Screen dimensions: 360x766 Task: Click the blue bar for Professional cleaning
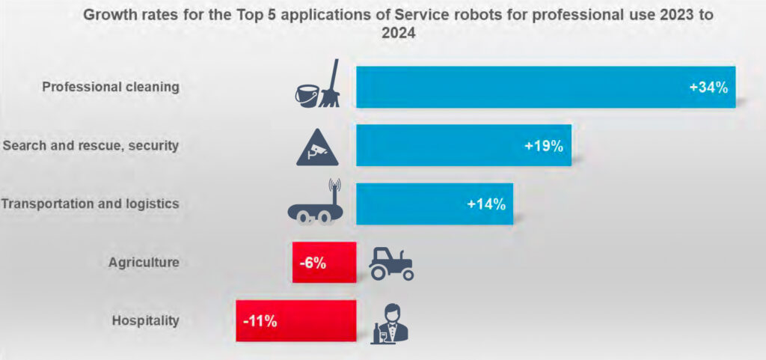click(x=524, y=87)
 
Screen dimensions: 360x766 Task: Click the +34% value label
click(x=708, y=88)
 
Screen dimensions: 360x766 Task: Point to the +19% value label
click(x=544, y=145)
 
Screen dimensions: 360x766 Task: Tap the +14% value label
click(x=486, y=204)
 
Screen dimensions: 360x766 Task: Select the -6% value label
click(x=312, y=263)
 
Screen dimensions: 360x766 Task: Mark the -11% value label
click(x=260, y=321)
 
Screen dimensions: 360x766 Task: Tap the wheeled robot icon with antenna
click(x=314, y=204)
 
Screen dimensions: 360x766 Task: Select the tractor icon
click(x=391, y=263)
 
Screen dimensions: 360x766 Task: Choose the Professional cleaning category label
click(x=111, y=87)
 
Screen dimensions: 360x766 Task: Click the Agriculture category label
click(x=144, y=263)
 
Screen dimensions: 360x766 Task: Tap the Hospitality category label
click(x=146, y=321)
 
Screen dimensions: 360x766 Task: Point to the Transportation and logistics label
click(x=91, y=204)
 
